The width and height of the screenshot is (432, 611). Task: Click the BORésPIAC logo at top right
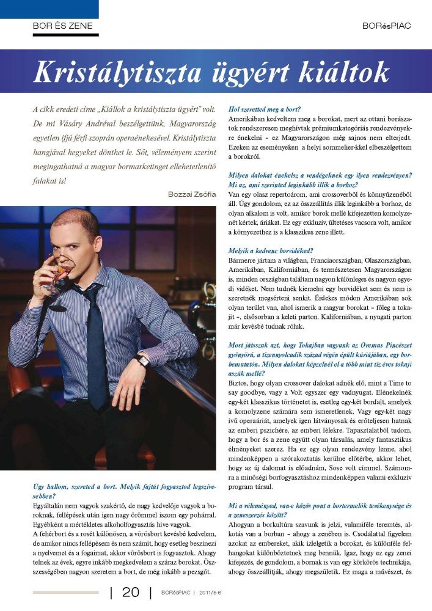click(386, 26)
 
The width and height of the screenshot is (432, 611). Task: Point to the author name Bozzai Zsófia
click(191, 194)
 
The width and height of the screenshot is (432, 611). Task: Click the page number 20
click(131, 591)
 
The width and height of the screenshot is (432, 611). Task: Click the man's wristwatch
click(144, 360)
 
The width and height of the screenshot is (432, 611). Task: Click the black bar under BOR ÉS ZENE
click(65, 35)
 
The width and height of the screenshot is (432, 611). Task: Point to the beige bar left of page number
click(65, 591)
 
